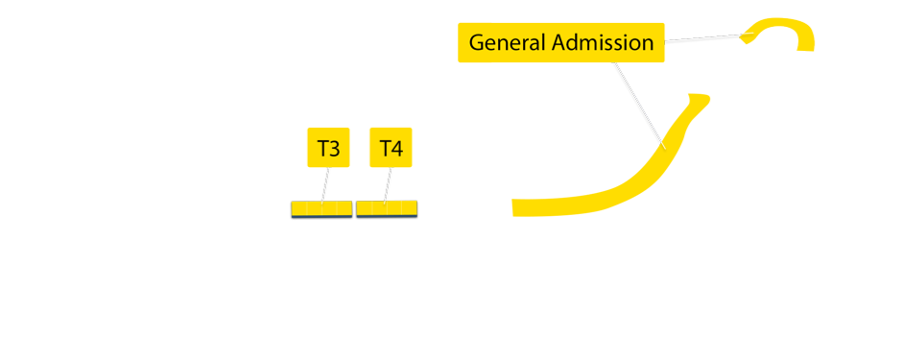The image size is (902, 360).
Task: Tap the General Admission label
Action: pyautogui.click(x=561, y=43)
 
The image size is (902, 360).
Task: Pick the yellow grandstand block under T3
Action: pyautogui.click(x=320, y=208)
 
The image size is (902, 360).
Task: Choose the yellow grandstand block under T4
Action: pyautogui.click(x=386, y=208)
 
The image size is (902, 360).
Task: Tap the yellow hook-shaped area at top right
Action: pyautogui.click(x=782, y=32)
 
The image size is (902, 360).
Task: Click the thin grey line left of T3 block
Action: pyautogui.click(x=144, y=200)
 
